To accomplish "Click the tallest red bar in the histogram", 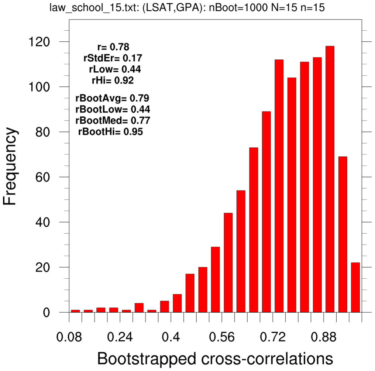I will [330, 179].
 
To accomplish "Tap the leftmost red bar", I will [75, 311].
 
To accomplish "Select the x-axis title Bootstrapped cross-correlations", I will [215, 358].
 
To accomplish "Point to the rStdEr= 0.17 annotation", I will [113, 58].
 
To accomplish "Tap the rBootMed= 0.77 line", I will [113, 120].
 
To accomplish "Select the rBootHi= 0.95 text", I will [110, 131].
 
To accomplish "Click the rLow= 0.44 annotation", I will [114, 69].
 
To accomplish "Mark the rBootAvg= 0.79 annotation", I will [112, 98].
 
